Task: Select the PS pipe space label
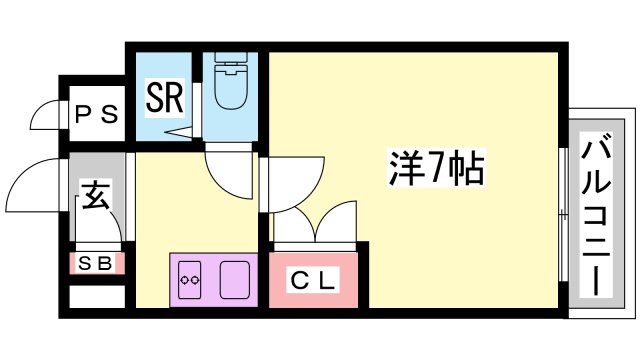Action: pyautogui.click(x=97, y=114)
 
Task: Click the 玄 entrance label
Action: pyautogui.click(x=95, y=196)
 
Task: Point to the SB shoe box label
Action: pyautogui.click(x=97, y=263)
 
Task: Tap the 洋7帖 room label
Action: pyautogui.click(x=436, y=169)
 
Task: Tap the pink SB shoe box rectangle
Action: pyautogui.click(x=97, y=264)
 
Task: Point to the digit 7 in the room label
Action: pyautogui.click(x=436, y=169)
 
